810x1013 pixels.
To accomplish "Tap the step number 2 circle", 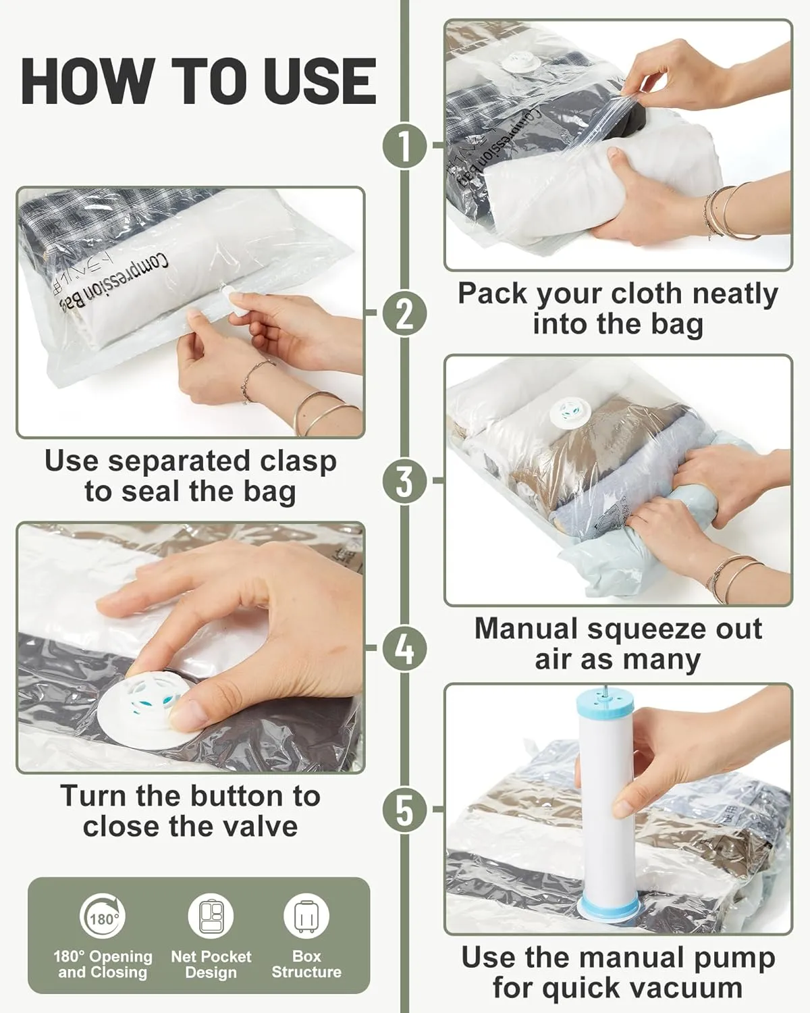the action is coord(405,313).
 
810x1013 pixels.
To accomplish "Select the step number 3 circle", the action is coord(405,480).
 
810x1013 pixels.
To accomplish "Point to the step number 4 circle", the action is coord(405,648).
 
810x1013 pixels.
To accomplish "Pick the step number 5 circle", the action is coord(405,809).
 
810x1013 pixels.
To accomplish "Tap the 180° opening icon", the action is coord(103,916).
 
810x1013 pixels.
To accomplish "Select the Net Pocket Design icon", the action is coord(211,916).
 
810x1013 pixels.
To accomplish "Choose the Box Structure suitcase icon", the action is coord(306,916).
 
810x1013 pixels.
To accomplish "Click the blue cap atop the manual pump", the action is coord(605,702).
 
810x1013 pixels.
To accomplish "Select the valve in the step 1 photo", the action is coord(518,63).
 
